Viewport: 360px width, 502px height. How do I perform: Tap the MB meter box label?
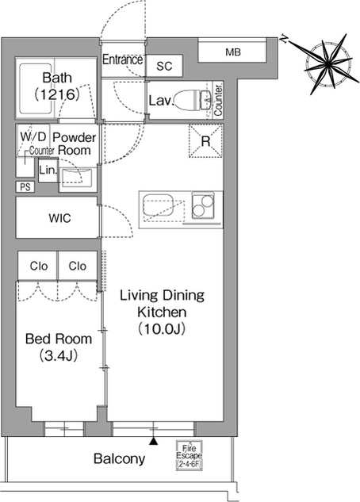(232, 52)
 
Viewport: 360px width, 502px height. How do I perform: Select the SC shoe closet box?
(164, 66)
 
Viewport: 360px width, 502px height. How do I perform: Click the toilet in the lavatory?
(193, 100)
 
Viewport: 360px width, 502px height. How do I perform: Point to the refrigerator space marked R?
(205, 141)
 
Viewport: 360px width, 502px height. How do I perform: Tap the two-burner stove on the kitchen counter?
(203, 205)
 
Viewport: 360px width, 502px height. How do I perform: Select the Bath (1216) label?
(57, 86)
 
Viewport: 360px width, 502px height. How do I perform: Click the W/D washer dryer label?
(33, 136)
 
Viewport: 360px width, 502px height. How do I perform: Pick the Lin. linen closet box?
(48, 171)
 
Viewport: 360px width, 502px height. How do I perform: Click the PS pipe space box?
(25, 186)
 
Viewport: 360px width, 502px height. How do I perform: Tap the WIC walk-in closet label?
(59, 218)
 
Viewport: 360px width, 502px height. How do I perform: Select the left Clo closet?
(37, 266)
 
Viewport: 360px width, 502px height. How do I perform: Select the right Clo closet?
(78, 266)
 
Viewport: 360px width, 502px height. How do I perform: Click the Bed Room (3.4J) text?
(59, 347)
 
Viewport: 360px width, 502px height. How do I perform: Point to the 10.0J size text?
(162, 328)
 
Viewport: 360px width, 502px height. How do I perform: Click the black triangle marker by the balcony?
(154, 441)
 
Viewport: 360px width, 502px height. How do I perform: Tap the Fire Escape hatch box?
(190, 455)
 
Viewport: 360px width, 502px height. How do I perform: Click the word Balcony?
(120, 459)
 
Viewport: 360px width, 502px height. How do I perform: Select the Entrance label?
(123, 59)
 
